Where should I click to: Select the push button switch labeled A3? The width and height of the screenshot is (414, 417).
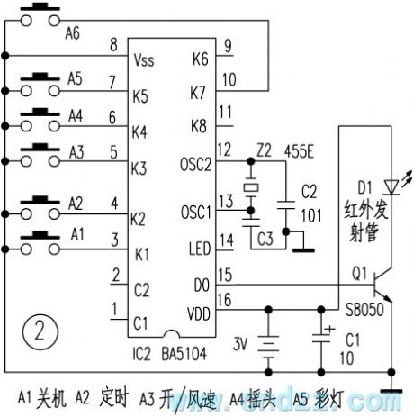pos(39,151)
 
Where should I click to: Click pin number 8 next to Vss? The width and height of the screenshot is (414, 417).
pos(112,45)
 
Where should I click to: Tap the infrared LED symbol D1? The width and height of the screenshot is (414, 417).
pos(391,186)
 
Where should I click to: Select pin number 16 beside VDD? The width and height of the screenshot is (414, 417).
pos(225,302)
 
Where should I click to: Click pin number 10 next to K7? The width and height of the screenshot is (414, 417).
pos(228,80)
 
